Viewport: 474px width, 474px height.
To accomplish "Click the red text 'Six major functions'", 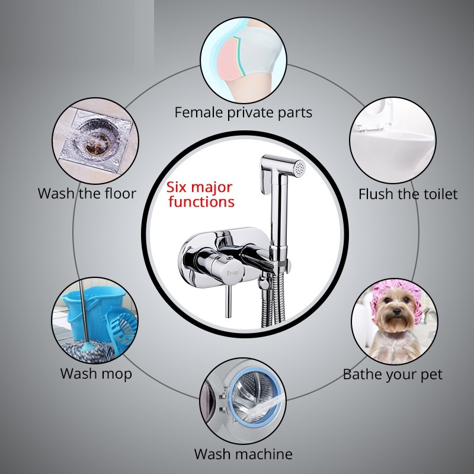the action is pos(200,195).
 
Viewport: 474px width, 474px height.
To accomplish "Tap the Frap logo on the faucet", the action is pos(233,273).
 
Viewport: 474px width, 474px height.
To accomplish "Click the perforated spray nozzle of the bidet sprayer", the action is pos(299,168).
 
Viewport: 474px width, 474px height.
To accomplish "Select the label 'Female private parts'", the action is pos(244,113).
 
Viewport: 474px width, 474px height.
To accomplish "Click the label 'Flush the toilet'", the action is pos(408,194).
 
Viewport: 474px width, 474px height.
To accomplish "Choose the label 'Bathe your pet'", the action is pos(392,374).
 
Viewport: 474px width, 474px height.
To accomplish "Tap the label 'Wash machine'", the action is pos(244,454).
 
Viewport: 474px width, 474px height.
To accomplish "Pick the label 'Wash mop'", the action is pos(96,374).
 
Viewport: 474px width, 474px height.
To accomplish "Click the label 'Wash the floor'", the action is pos(87,194).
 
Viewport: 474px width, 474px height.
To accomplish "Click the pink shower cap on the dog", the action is pos(395,294).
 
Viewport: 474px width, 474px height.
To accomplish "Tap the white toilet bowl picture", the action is pos(393,140).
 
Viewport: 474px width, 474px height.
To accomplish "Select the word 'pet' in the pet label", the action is pos(431,375).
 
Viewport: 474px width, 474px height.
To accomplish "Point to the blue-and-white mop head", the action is pos(88,351).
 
